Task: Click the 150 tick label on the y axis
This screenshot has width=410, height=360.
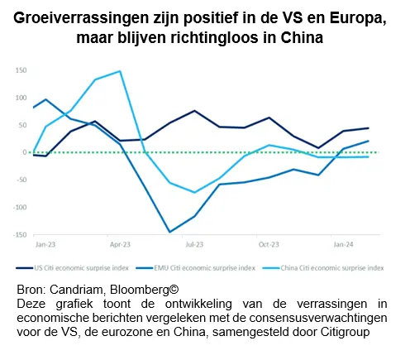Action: click(x=21, y=70)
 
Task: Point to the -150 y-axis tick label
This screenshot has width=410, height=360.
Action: click(x=20, y=235)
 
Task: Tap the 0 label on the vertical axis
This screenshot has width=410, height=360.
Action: click(x=25, y=152)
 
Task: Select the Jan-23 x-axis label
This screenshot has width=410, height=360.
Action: click(x=45, y=245)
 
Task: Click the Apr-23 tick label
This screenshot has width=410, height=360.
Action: click(x=120, y=245)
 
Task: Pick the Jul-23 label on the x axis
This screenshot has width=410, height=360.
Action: click(x=194, y=245)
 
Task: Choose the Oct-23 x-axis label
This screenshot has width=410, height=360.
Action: click(x=269, y=245)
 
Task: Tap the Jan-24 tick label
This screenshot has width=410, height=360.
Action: click(x=343, y=245)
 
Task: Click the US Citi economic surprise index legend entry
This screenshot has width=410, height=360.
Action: click(x=73, y=268)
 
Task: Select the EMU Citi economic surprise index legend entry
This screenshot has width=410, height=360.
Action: click(x=196, y=268)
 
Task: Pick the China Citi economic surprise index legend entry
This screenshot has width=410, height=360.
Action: click(x=323, y=268)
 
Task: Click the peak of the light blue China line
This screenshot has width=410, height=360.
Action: click(x=120, y=71)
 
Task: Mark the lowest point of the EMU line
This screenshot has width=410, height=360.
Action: click(x=169, y=232)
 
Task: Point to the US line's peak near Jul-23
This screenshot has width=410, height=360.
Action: click(x=194, y=111)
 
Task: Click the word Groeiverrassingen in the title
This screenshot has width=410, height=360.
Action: click(x=81, y=19)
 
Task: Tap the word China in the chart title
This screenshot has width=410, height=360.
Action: click(x=302, y=37)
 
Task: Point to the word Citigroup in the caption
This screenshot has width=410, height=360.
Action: click(x=345, y=332)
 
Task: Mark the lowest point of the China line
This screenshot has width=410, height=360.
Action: click(x=194, y=192)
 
